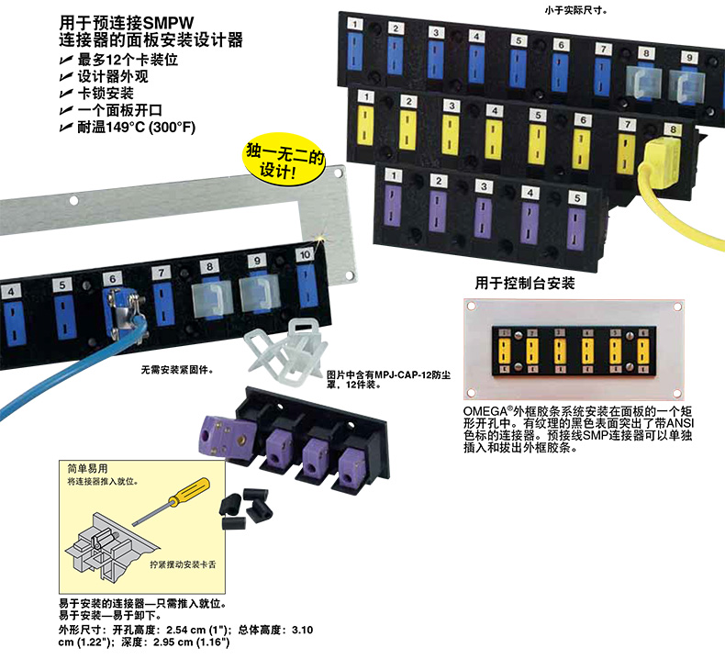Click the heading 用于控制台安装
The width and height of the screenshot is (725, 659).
pos(525,284)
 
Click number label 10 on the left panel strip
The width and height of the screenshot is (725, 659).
pos(304,254)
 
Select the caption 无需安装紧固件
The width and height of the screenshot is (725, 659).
pos(176,371)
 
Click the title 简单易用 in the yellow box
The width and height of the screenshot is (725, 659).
pos(88,467)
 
